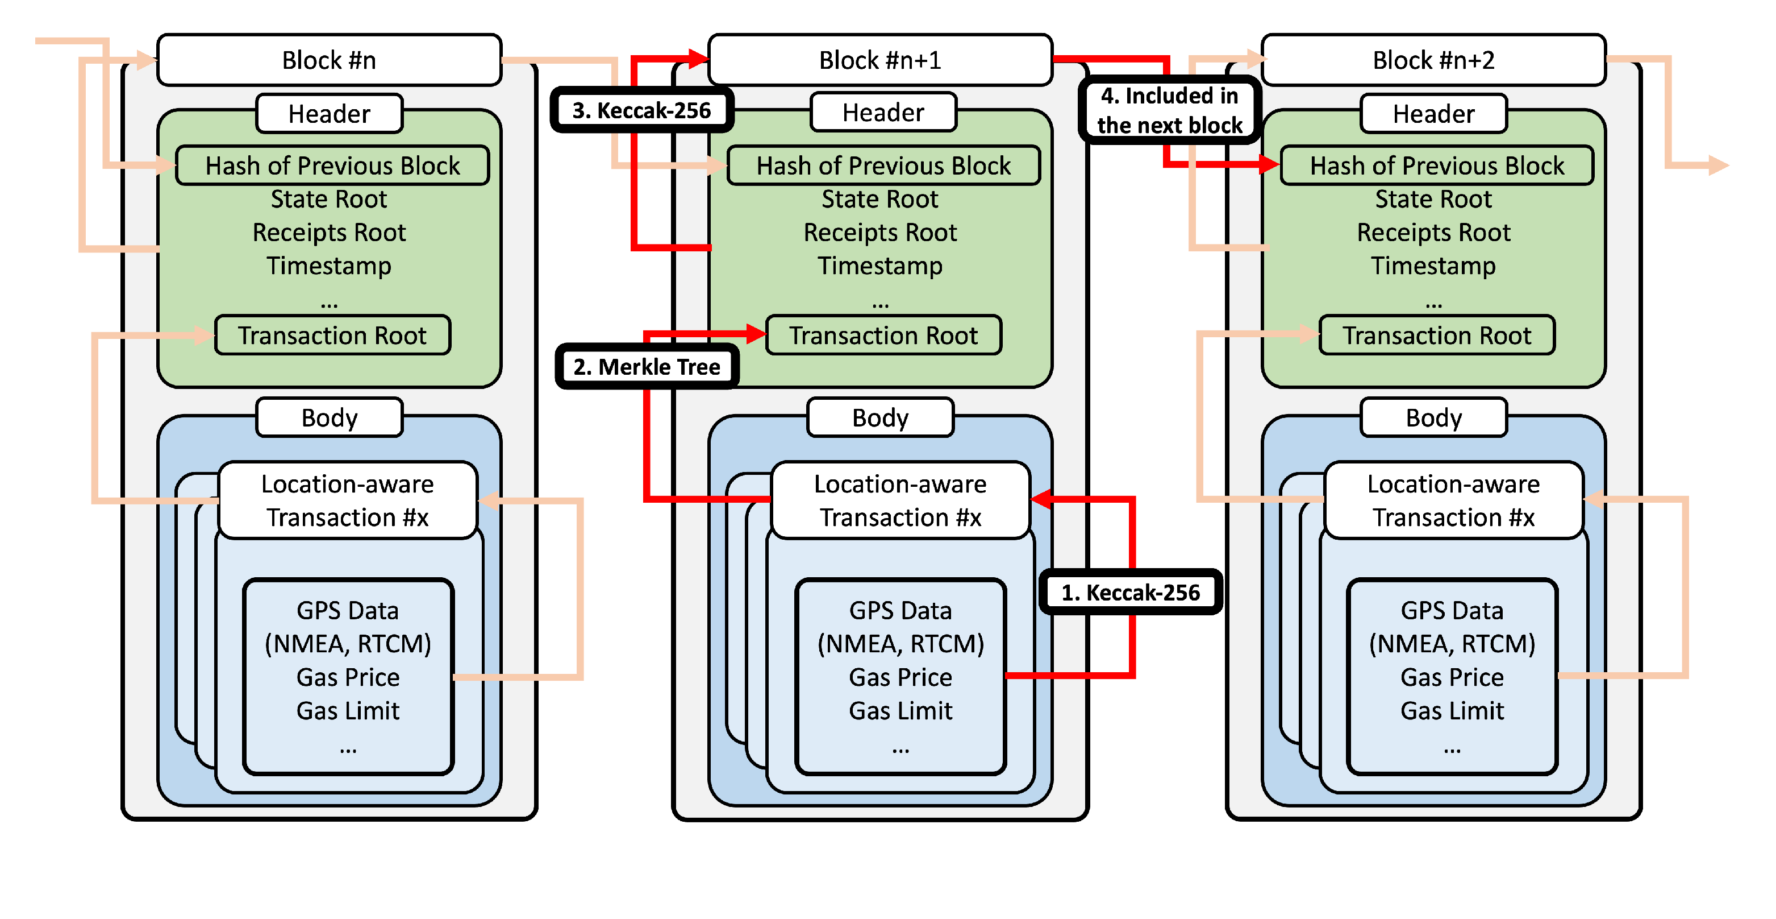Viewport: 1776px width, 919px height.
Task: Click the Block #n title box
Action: (x=329, y=60)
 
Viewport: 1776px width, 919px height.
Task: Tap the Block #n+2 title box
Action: (x=1433, y=60)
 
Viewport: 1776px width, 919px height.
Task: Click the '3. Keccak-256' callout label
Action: (x=641, y=110)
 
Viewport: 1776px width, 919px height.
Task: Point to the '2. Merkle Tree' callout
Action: (x=647, y=366)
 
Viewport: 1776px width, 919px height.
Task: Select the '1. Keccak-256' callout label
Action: (x=1131, y=592)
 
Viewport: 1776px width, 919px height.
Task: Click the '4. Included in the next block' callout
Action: (x=1169, y=110)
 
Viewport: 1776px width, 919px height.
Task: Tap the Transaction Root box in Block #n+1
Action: (x=883, y=336)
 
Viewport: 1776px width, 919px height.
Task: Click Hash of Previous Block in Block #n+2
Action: (x=1437, y=165)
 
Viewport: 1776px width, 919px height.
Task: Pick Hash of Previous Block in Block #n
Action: (x=332, y=165)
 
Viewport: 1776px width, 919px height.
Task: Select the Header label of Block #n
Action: (x=329, y=114)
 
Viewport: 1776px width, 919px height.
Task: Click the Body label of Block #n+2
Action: (x=1433, y=417)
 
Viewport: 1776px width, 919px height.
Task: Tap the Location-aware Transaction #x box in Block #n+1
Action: (x=900, y=500)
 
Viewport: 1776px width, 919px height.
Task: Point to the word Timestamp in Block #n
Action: (x=329, y=266)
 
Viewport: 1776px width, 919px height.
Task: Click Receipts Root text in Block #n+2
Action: (x=1433, y=233)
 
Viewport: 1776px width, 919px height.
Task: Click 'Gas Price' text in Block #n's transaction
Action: (x=348, y=677)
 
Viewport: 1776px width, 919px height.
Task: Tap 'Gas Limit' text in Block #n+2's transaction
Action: (x=1452, y=711)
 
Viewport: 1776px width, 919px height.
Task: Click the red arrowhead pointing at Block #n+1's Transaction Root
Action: (x=756, y=334)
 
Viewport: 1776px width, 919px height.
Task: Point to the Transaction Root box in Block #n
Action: (x=332, y=336)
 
